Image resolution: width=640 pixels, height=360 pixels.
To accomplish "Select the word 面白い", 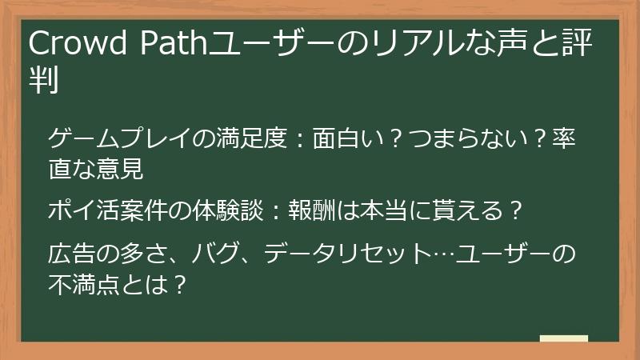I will tap(331, 140).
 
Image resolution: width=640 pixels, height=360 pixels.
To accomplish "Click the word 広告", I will tap(68, 255).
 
